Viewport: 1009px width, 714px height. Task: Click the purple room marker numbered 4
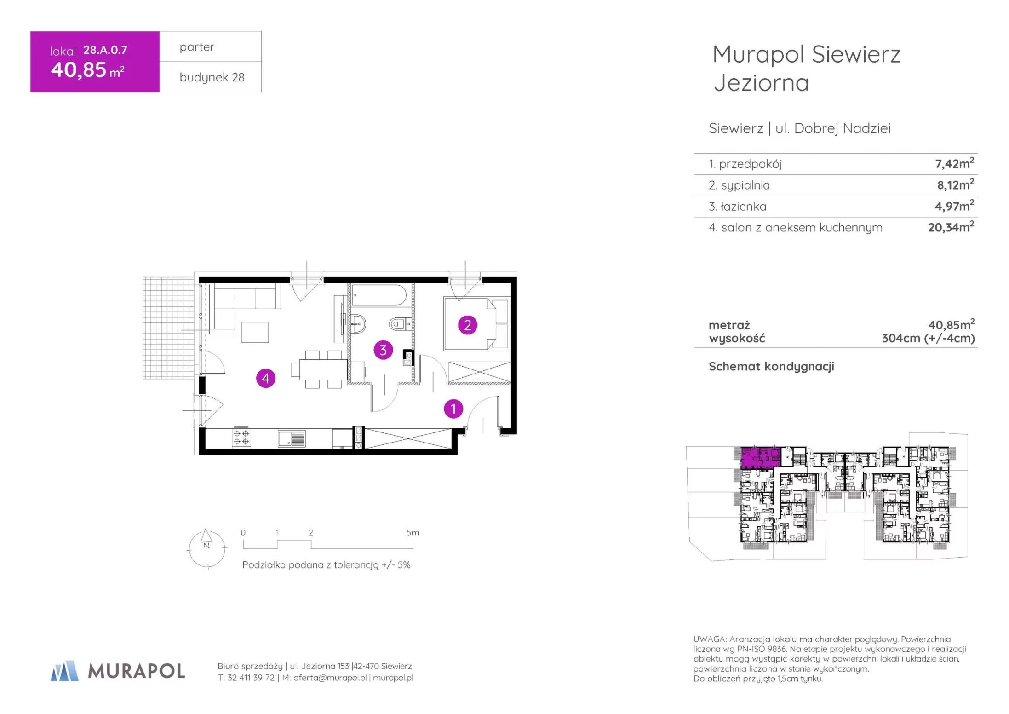pos(265,378)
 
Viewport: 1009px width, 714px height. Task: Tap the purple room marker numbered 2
pos(467,325)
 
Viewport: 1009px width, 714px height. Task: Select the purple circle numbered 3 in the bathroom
pos(383,350)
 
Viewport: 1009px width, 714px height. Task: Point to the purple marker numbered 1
pos(453,409)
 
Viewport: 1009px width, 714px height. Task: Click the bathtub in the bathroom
pos(379,295)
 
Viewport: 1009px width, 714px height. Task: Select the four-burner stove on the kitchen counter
pos(241,438)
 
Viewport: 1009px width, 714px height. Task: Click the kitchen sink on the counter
pos(291,438)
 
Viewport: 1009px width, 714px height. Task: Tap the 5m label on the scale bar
pos(413,532)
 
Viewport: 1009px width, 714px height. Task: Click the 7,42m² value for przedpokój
pos(954,163)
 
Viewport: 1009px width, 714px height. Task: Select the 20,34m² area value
pos(951,227)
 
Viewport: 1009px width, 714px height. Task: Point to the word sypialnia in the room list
pos(745,185)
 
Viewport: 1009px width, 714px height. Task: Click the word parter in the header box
pos(197,47)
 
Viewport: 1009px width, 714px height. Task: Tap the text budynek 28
pos(212,77)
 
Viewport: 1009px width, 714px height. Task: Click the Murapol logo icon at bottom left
pos(64,671)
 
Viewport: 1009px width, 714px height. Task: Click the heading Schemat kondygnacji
pos(771,367)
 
